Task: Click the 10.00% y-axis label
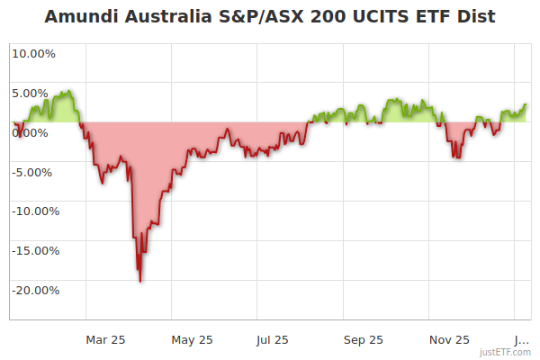click(33, 53)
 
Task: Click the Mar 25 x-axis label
click(106, 339)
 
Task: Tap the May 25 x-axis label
click(193, 339)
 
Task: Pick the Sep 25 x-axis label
click(364, 339)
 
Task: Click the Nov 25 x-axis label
click(449, 339)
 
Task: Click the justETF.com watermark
click(505, 352)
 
